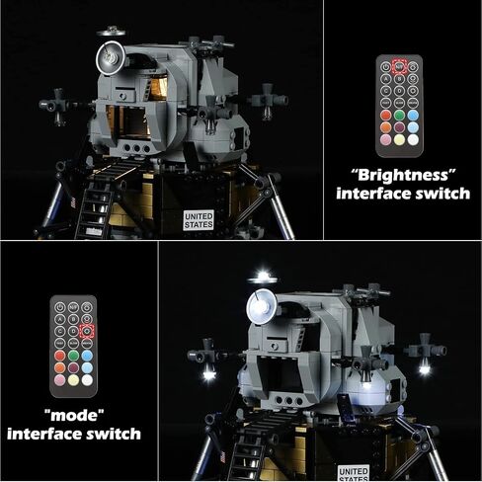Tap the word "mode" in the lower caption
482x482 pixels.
pos(79,413)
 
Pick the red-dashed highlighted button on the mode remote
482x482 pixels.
pos(88,330)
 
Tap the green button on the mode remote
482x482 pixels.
pos(74,355)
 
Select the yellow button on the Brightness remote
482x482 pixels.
pos(399,138)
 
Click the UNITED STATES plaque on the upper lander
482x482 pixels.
pos(199,218)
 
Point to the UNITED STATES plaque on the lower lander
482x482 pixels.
pos(354,472)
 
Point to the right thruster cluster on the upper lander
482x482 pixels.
pos(268,100)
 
